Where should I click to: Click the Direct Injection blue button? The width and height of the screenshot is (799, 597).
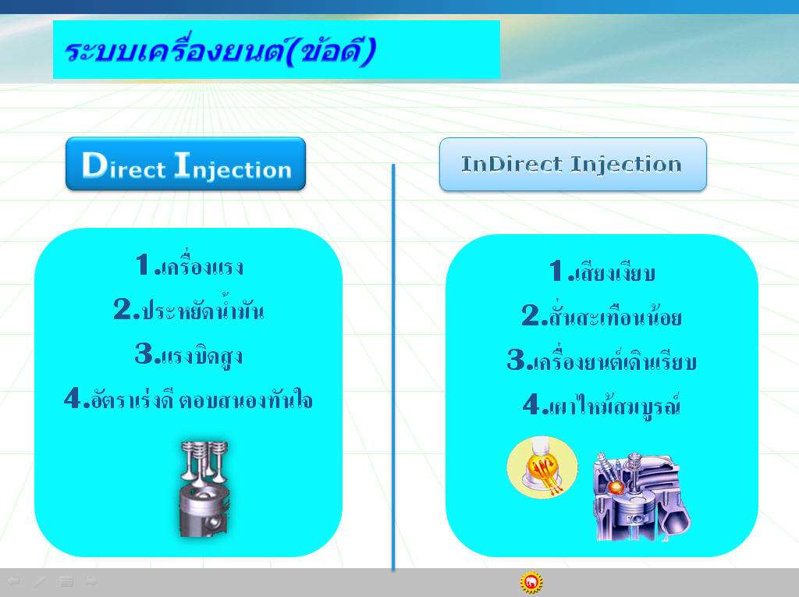(x=186, y=164)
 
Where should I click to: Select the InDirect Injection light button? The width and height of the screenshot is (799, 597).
(x=573, y=164)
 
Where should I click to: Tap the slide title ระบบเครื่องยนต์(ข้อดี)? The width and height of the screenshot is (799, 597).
(x=221, y=52)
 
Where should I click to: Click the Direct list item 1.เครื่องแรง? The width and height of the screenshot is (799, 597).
(x=190, y=265)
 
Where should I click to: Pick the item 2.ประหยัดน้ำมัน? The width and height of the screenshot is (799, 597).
(x=189, y=308)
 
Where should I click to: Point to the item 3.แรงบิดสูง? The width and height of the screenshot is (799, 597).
(x=189, y=354)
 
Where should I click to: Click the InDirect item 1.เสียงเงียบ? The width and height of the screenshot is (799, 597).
(x=602, y=272)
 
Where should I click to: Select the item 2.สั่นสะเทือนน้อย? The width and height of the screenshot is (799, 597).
(x=602, y=315)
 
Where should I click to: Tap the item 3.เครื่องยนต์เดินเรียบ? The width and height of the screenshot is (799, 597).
(x=602, y=359)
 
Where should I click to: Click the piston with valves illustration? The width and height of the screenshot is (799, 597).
(x=204, y=489)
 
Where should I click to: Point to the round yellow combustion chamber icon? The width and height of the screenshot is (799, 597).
(x=542, y=467)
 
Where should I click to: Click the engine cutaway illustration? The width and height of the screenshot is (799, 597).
(x=641, y=496)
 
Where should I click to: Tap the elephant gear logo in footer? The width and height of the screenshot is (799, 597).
(x=531, y=582)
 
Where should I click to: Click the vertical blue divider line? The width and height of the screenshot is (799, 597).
(x=393, y=367)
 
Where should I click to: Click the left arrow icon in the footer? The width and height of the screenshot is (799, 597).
(x=13, y=581)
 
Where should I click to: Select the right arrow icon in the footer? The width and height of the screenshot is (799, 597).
(x=92, y=581)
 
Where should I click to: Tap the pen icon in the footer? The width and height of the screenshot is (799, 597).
(x=40, y=581)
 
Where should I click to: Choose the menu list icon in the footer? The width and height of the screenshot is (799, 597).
(x=66, y=581)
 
